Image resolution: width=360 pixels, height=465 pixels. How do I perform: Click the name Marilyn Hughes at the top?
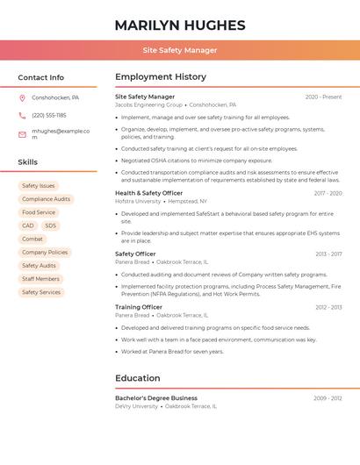pos(180,25)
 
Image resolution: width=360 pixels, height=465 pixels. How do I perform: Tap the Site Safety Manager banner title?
pos(180,50)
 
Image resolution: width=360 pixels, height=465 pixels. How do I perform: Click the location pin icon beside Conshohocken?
pos(22,97)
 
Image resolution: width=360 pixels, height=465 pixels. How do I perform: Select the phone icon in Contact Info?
pos(22,115)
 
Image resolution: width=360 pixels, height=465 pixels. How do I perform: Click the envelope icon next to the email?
pos(22,134)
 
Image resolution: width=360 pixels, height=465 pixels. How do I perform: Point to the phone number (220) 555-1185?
pos(49,115)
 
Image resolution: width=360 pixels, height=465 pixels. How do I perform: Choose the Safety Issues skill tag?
pos(39,186)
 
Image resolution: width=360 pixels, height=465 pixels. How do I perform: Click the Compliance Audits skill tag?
pos(46,199)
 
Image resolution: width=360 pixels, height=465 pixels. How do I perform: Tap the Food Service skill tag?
pos(39,212)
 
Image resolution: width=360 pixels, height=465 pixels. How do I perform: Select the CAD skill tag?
pos(28,225)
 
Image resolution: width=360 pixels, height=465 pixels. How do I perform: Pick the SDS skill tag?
pos(50,225)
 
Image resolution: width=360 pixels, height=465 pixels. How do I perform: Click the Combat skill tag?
pos(32,239)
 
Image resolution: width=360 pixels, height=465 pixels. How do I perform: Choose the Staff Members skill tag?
pos(41,279)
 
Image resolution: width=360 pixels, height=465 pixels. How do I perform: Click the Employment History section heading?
pos(161,77)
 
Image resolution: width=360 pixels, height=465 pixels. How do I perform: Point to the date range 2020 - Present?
pos(323,97)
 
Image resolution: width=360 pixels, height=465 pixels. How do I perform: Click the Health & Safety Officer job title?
pos(149,193)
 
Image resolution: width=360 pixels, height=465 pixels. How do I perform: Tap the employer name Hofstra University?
pos(138,201)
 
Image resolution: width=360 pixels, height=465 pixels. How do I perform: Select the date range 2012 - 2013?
pos(328,307)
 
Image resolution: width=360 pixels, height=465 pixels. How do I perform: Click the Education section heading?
pos(138,378)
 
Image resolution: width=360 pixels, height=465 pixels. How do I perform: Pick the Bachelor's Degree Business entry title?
pos(156,398)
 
